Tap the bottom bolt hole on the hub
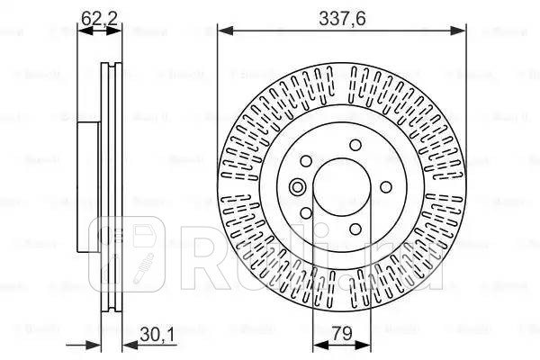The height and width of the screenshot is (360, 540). click(355, 228)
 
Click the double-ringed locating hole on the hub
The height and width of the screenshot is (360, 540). click(298, 187)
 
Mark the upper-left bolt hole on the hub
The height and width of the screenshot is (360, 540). click(307, 162)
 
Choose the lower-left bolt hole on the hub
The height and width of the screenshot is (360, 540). click(307, 213)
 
